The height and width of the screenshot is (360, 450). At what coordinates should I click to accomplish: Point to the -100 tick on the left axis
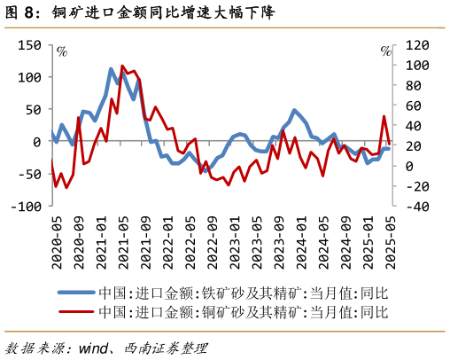[x=25, y=206]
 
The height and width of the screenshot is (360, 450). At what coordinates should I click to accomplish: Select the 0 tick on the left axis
[x=36, y=142]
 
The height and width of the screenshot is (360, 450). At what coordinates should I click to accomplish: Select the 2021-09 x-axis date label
[x=144, y=240]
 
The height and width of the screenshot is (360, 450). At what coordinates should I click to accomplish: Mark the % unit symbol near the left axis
[x=61, y=51]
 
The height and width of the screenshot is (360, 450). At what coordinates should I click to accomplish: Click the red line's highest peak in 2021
[x=122, y=67]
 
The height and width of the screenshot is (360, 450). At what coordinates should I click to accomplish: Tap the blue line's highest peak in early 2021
[x=112, y=69]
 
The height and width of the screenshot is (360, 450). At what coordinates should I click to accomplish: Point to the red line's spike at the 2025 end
[x=384, y=116]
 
